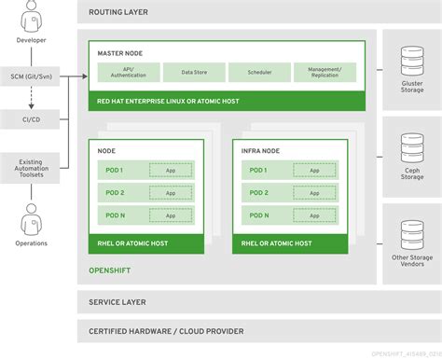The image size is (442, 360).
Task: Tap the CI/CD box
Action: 31,120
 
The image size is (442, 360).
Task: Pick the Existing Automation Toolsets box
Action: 31,169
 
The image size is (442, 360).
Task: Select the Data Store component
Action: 194,71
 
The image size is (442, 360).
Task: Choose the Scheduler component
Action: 259,71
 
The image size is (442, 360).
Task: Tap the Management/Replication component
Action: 325,72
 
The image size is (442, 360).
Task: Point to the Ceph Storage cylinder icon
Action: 411,145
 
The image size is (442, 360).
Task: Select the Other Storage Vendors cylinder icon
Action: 411,234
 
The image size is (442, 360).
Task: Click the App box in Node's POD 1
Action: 171,170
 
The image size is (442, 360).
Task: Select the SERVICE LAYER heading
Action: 118,277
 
